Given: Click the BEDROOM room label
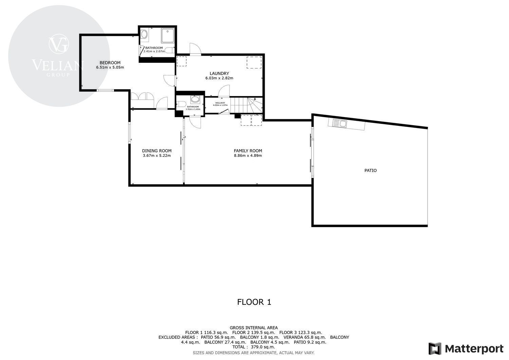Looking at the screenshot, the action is tap(110, 63).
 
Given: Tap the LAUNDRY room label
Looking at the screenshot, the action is tap(219, 73).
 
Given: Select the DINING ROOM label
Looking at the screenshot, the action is tap(157, 151).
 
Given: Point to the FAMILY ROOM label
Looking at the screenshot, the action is tap(248, 151).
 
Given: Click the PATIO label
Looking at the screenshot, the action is tap(371, 170).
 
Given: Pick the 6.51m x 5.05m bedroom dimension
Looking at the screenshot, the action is tap(110, 68).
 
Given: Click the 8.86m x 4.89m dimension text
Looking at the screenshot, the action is tap(248, 156).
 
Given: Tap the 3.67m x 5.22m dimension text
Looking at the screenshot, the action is tap(157, 156).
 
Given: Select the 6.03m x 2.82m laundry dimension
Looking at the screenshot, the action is tap(219, 78).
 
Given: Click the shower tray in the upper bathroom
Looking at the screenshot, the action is tap(168, 35).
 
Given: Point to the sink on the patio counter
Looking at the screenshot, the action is tap(340, 124).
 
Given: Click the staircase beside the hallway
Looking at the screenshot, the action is tap(247, 105).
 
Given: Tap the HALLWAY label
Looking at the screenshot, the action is tap(220, 103).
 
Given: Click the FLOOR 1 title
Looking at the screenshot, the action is tap(254, 302).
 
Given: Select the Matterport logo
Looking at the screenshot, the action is tap(466, 349).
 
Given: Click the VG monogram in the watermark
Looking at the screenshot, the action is tap(59, 44).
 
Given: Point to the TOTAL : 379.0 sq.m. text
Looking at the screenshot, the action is tap(253, 347).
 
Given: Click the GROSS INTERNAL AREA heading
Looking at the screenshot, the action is tap(253, 328).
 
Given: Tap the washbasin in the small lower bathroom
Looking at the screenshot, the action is tap(195, 99).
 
